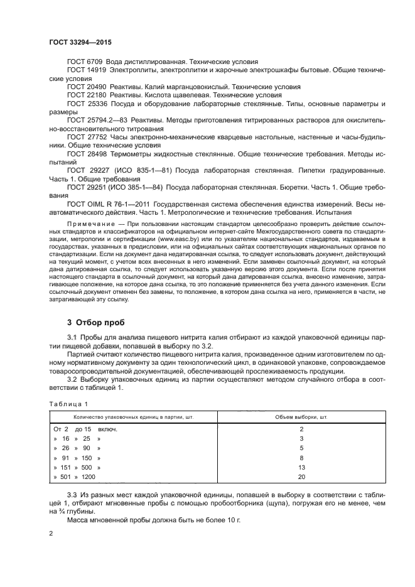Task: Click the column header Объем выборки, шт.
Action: tap(301, 417)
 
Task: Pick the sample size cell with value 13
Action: tap(301, 468)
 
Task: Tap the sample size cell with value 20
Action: tap(301, 478)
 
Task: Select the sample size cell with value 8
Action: tap(301, 458)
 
